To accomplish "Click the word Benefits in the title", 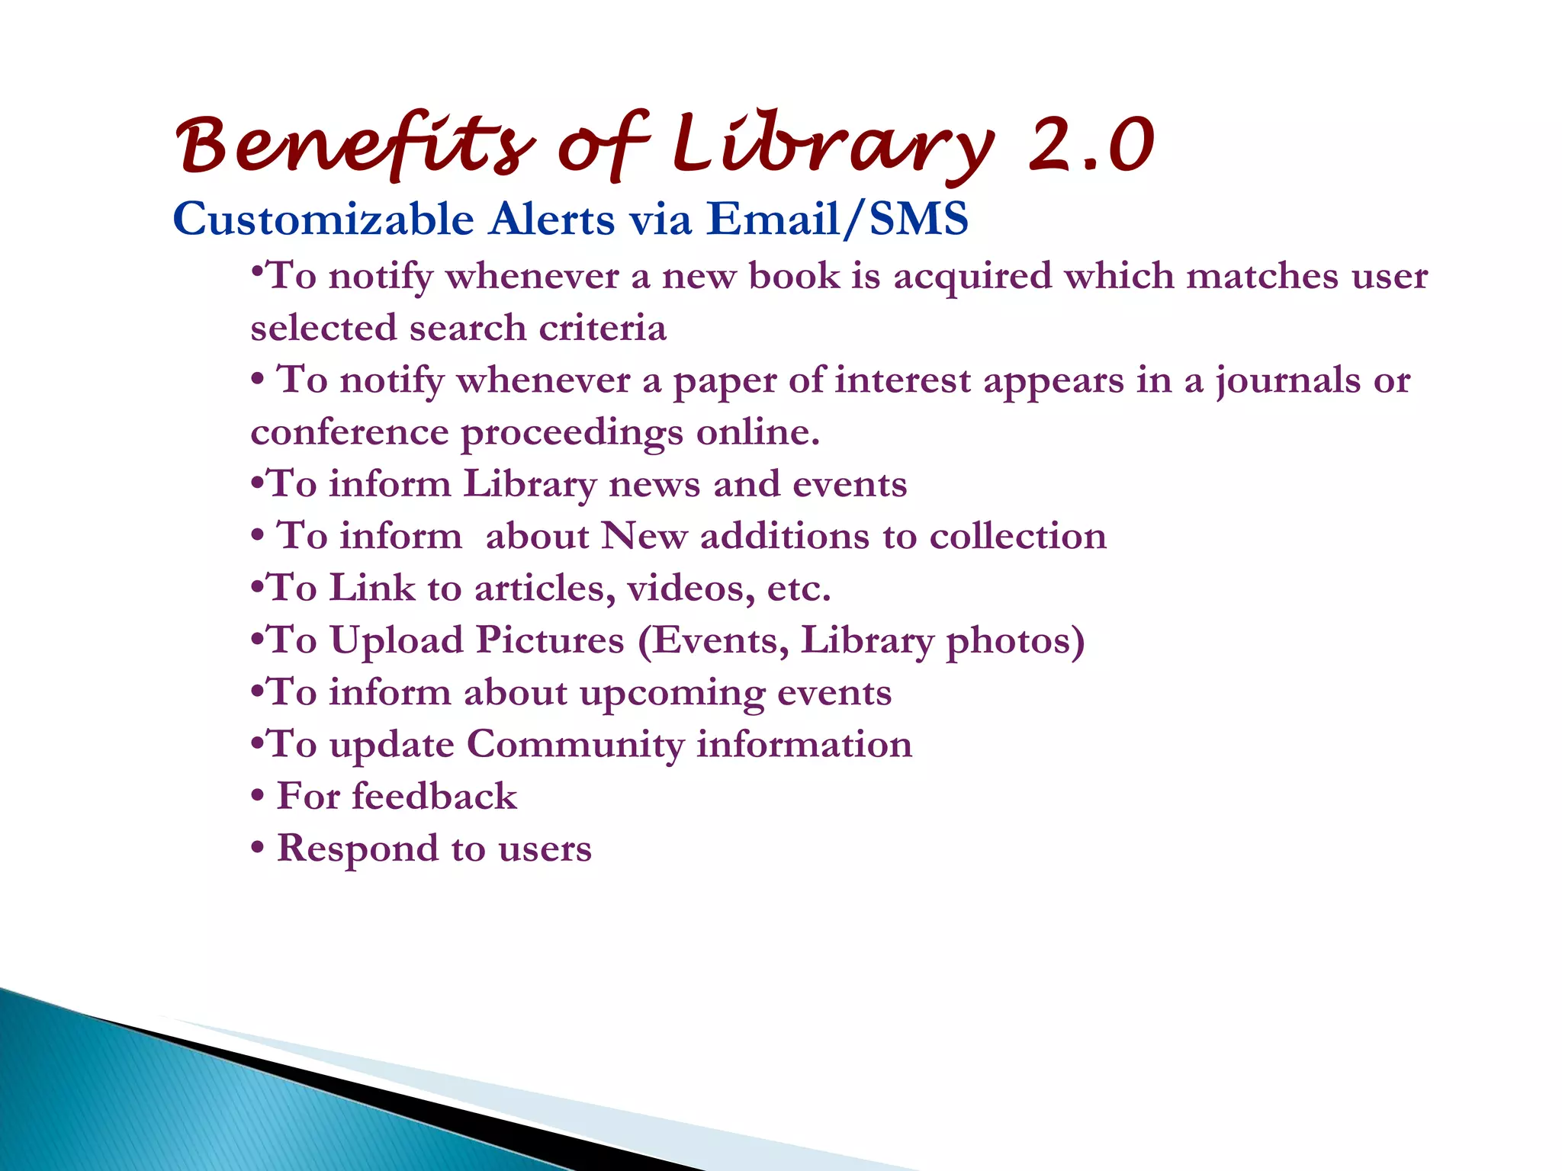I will point(355,145).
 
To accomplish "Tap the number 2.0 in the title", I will point(1091,145).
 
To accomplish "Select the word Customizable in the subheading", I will point(323,220).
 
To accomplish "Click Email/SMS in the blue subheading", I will point(837,220).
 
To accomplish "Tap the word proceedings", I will point(571,433).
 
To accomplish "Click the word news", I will point(654,484).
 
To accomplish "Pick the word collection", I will point(1017,536).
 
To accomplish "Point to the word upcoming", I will point(672,693).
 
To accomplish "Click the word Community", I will point(575,745).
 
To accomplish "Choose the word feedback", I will point(434,797).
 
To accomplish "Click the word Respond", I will point(357,849).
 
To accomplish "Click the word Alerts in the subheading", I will point(552,220).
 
